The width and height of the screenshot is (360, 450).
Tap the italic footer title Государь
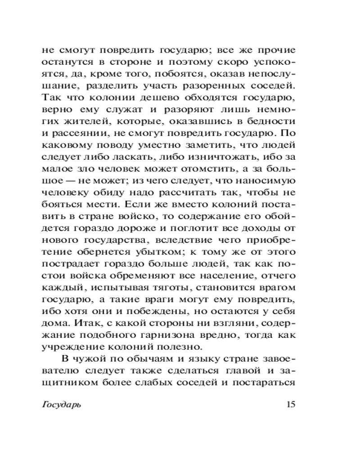[x=62, y=404]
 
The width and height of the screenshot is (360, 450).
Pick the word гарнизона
[x=157, y=341]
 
